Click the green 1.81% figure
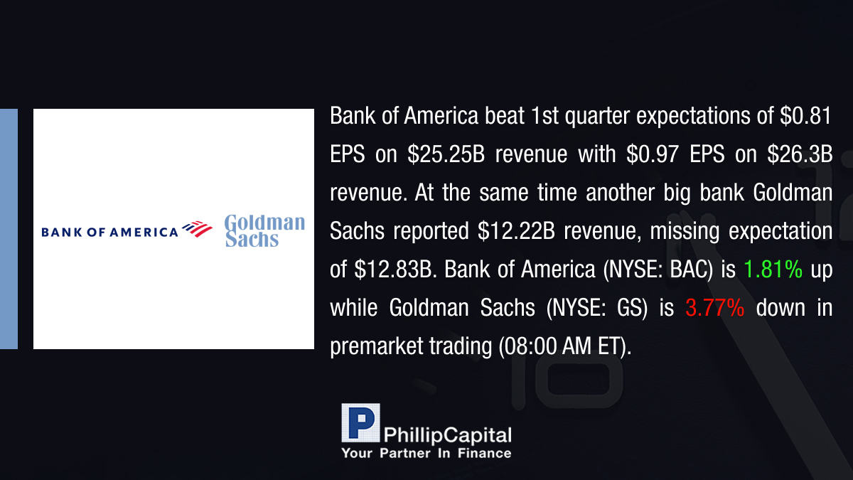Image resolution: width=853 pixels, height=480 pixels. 773,269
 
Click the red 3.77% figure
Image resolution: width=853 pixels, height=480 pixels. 715,307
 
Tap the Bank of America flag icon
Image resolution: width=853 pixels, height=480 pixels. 198,229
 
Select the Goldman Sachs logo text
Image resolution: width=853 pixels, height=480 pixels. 265,230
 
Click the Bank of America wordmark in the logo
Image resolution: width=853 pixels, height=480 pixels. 109,232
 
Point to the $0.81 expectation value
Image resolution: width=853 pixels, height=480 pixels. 806,115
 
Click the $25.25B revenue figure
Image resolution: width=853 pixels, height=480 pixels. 446,154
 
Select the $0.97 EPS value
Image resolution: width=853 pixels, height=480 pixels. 653,154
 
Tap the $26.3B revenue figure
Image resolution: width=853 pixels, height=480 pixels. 800,154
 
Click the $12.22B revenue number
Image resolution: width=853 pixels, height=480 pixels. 516,230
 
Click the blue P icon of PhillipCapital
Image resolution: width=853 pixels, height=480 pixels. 360,423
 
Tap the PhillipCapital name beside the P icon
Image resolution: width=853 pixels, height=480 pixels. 447,435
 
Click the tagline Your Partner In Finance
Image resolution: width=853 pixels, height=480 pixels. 426,453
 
